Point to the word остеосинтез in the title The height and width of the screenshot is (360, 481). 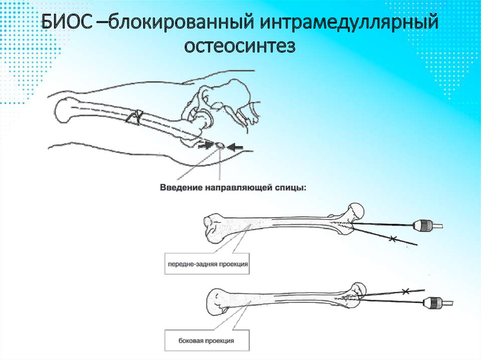[240, 46]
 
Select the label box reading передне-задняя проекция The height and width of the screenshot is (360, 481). [207, 264]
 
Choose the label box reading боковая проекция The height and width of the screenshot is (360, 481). [207, 340]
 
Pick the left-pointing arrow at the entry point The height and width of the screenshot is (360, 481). [235, 147]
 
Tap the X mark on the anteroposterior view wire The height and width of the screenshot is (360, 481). [392, 238]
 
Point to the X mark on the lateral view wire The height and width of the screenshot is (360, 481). [405, 291]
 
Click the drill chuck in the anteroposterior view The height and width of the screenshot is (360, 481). [423, 225]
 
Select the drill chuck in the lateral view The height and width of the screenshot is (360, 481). [432, 303]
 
